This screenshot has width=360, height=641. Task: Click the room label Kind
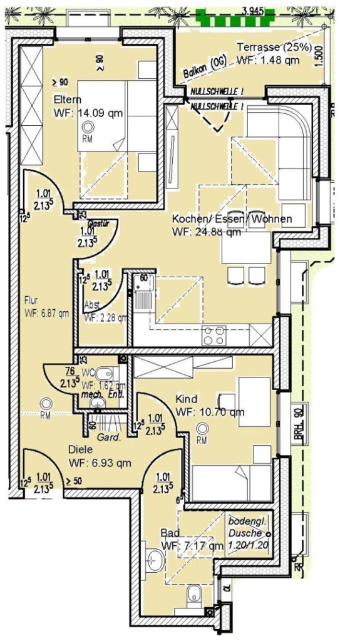click(187, 399)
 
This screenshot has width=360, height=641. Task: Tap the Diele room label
click(81, 449)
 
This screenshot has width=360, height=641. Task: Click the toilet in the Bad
click(193, 593)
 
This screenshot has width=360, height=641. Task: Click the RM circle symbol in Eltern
click(86, 128)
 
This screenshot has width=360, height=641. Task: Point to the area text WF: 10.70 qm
click(210, 412)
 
